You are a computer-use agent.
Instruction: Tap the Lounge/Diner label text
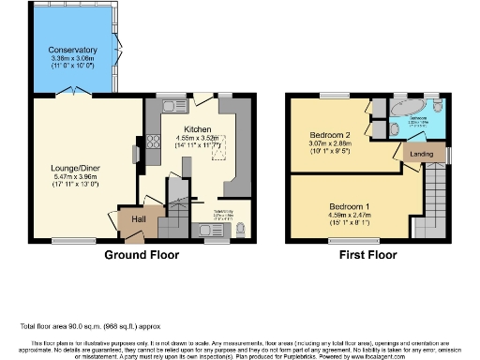pos(74,169)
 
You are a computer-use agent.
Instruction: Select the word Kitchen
pos(197,128)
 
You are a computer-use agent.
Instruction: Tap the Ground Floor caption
pos(142,253)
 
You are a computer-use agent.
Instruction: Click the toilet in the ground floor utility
pos(241,228)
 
